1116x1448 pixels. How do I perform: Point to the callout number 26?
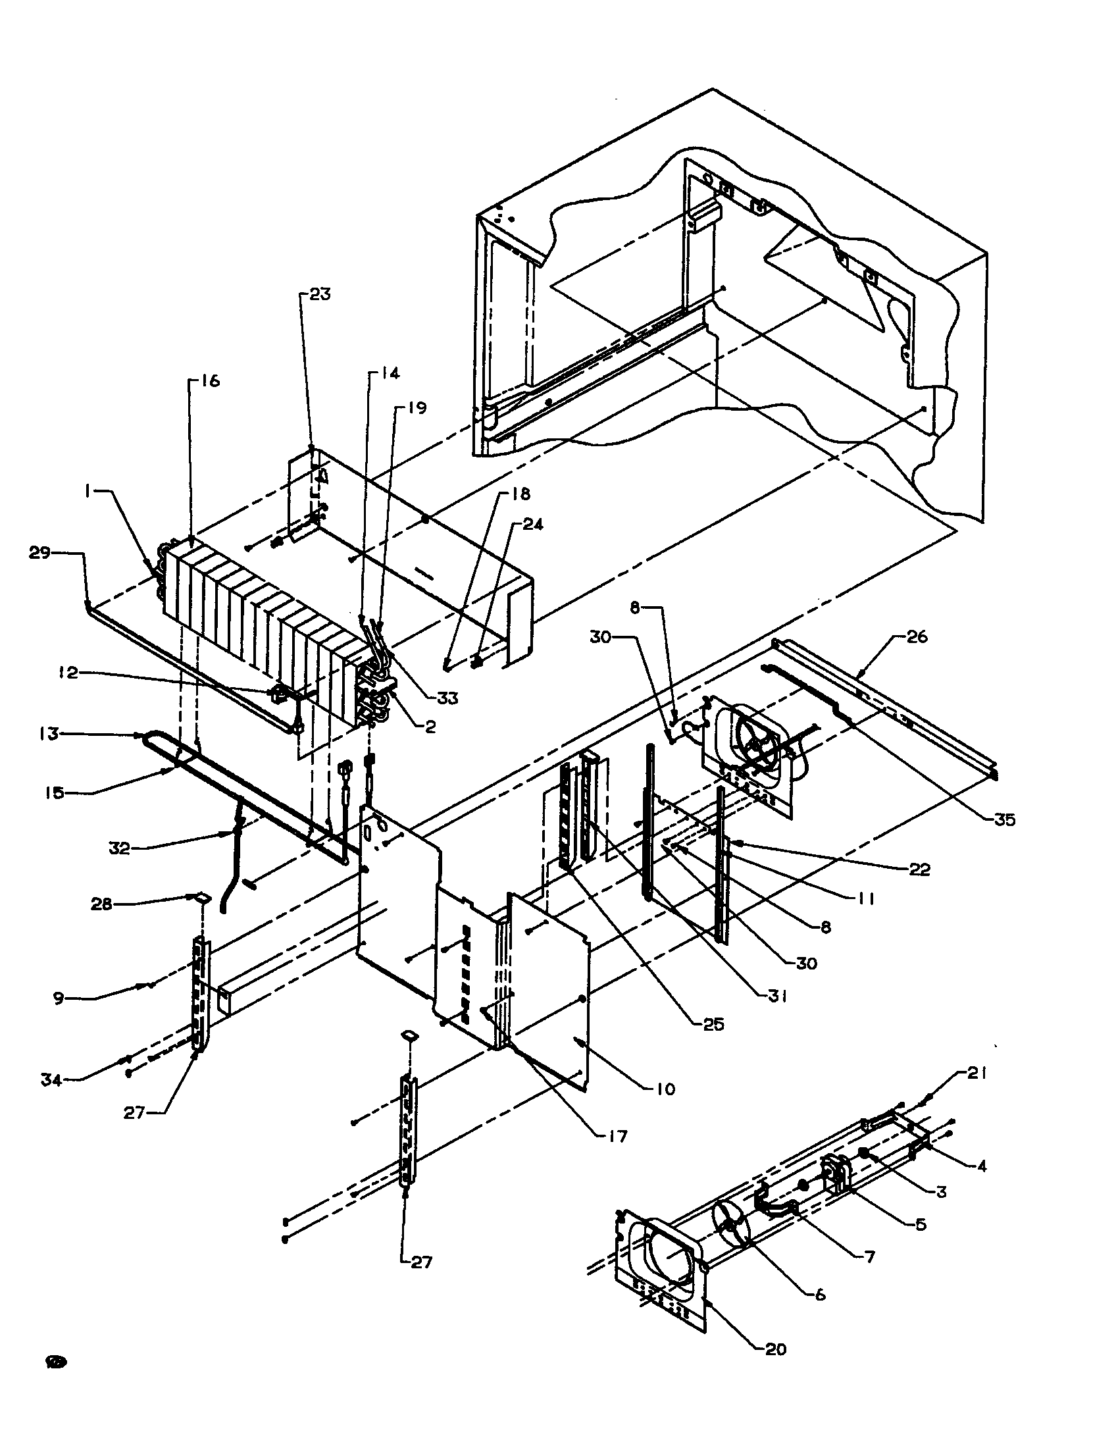[x=917, y=637]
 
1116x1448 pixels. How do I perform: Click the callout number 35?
[x=1004, y=820]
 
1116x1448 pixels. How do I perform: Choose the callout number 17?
[x=617, y=1137]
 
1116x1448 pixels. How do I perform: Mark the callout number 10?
[x=665, y=1089]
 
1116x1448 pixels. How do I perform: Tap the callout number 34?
[x=51, y=1080]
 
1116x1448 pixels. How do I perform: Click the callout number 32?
[x=119, y=848]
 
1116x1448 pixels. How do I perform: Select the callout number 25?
[x=713, y=1024]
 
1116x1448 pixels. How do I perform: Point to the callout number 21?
[x=978, y=1073]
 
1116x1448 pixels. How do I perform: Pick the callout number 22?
[x=919, y=869]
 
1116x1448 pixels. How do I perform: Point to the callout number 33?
[x=448, y=698]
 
